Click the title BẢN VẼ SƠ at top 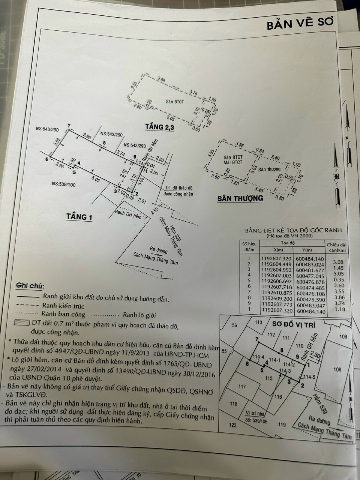tap(300, 25)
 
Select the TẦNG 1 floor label tap(79, 217)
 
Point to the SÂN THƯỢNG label tap(240, 198)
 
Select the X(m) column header tap(278, 250)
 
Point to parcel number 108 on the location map tap(337, 370)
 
